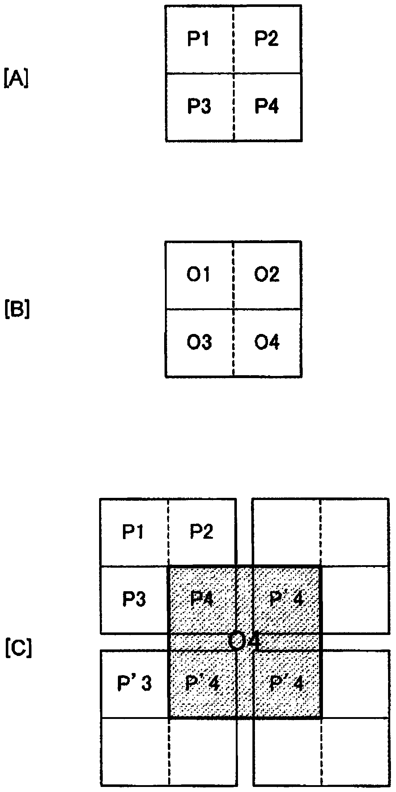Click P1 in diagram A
point(198,39)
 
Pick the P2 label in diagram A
point(266,39)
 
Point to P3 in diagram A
point(199,106)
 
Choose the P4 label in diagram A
point(267,106)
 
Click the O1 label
point(198,275)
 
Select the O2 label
point(266,275)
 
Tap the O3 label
point(199,342)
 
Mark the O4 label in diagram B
point(267,342)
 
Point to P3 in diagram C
point(134,600)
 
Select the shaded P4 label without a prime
point(202,600)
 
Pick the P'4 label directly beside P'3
point(202,683)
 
